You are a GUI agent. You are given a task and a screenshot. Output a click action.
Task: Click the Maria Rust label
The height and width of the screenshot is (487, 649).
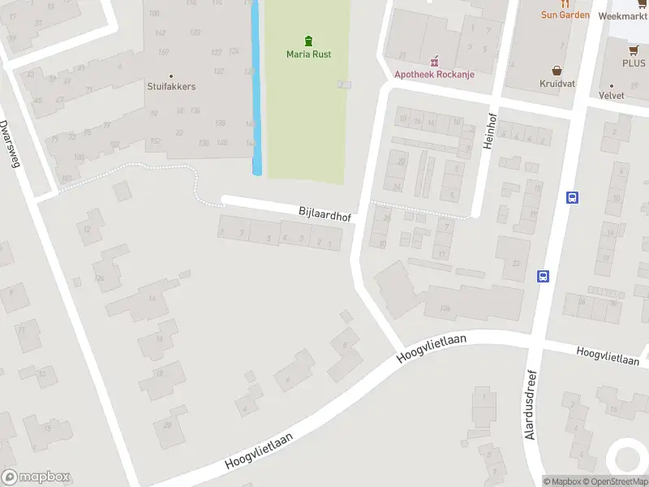(x=308, y=54)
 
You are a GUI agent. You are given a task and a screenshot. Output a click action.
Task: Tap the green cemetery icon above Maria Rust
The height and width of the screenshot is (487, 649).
(x=308, y=41)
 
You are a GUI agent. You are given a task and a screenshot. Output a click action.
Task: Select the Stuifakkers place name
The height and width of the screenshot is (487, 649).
(x=171, y=86)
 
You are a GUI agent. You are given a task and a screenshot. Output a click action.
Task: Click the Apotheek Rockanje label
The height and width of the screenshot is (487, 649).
(x=434, y=75)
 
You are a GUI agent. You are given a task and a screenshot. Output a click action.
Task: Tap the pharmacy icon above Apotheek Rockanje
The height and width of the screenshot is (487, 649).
(x=435, y=61)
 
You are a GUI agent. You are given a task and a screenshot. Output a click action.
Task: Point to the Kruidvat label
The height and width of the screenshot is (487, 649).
(x=557, y=83)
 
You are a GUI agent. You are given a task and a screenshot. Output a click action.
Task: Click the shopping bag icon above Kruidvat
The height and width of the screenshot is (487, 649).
(x=557, y=70)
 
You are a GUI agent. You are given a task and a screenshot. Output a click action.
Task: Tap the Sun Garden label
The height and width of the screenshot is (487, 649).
(x=565, y=15)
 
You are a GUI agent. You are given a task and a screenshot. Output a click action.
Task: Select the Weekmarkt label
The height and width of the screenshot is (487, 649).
(x=622, y=15)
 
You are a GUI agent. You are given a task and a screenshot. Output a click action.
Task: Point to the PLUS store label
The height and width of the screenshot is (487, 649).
(x=634, y=62)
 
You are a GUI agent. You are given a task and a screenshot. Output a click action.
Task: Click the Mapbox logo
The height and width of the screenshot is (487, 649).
(x=36, y=477)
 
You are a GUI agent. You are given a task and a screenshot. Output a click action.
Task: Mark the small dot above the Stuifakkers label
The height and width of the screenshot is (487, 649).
(x=171, y=76)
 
